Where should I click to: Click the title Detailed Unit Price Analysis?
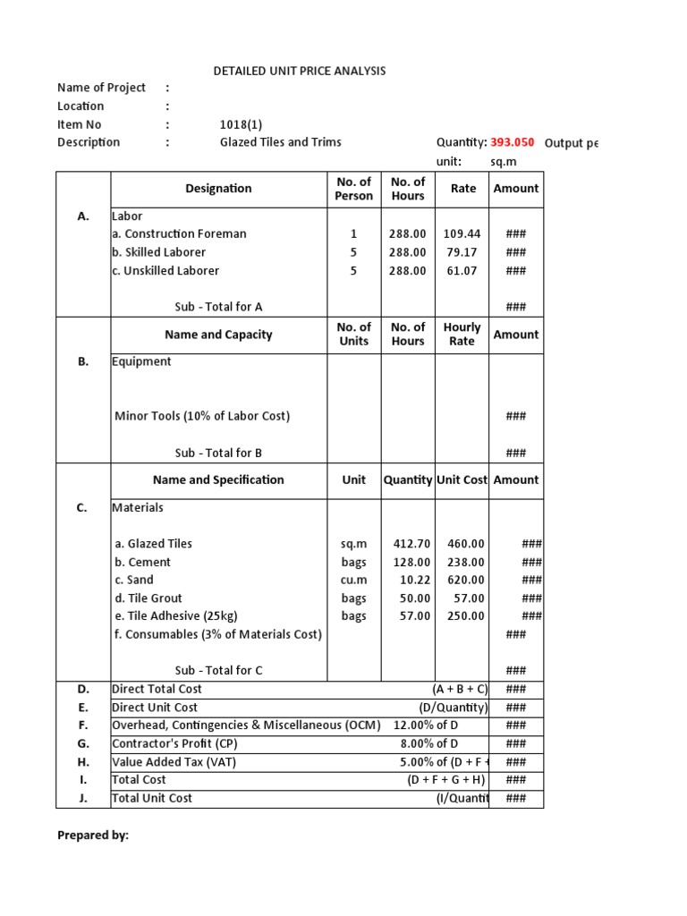300,71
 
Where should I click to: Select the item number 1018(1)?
242,124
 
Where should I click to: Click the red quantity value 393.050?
512,142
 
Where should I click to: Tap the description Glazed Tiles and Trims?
280,142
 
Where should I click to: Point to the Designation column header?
218,189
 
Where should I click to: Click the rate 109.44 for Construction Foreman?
462,234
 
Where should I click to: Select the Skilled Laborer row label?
159,252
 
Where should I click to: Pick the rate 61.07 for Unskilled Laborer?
462,271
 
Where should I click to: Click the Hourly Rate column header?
462,335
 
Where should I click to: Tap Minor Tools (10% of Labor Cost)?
202,416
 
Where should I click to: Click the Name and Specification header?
218,480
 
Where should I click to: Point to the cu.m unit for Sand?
353,581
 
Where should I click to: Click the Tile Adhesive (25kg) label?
176,616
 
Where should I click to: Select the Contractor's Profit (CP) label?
174,743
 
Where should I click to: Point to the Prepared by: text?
93,835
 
